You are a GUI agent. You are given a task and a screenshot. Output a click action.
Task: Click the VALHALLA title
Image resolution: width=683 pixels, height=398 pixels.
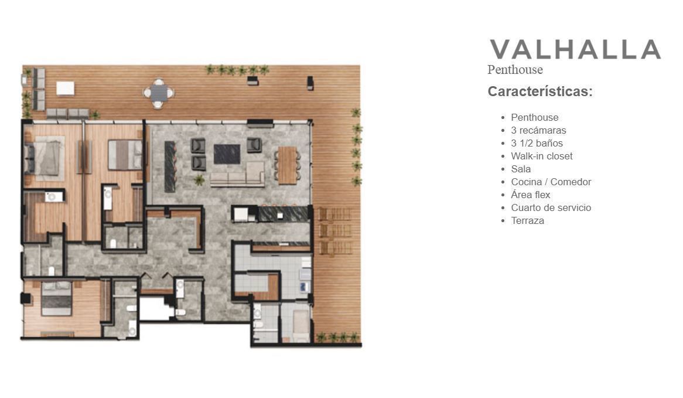tap(575, 49)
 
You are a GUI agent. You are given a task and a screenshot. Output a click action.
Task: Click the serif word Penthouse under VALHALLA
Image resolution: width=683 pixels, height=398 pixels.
tap(515, 70)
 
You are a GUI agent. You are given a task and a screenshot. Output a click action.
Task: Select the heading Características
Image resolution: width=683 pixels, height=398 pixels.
tap(540, 91)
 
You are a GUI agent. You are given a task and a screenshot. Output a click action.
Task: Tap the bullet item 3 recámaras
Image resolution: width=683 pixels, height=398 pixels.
tap(538, 130)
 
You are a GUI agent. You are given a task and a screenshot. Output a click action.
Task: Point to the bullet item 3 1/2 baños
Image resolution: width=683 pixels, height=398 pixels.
tap(537, 144)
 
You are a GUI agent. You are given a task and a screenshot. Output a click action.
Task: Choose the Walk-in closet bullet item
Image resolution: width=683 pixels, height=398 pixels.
tap(541, 156)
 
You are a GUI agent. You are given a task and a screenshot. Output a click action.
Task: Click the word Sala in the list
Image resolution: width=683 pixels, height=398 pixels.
tap(521, 169)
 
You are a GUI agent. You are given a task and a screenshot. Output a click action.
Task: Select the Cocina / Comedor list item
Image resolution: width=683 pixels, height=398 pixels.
tap(551, 182)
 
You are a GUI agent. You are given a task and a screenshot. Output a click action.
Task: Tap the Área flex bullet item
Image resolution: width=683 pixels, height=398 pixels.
tap(531, 195)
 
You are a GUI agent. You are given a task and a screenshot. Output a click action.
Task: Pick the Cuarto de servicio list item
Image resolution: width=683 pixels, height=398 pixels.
tap(551, 208)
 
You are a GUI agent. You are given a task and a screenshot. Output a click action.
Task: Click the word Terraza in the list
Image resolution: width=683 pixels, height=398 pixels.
tap(528, 220)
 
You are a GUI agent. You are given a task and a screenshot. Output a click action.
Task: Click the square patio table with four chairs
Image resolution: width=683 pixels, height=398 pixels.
tap(159, 93)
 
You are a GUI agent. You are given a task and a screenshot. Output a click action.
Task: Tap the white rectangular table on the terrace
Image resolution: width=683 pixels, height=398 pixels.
tap(66, 88)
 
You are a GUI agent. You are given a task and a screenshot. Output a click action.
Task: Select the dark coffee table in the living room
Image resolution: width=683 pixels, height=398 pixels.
tap(227, 154)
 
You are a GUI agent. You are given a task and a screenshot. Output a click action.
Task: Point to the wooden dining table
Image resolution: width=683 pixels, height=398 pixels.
tap(288, 165)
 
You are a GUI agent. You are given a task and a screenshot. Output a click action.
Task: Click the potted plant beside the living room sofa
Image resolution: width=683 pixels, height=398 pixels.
tap(199, 179)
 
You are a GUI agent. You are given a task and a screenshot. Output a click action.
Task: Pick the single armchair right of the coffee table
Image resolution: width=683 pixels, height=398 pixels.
tap(254, 145)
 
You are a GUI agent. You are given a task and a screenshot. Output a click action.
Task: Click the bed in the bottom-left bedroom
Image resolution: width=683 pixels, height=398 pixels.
tap(56, 298)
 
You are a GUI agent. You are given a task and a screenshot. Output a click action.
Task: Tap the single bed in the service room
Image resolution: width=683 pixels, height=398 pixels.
tap(300, 325)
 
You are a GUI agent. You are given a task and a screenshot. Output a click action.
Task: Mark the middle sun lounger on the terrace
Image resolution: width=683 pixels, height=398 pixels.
tap(335, 230)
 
